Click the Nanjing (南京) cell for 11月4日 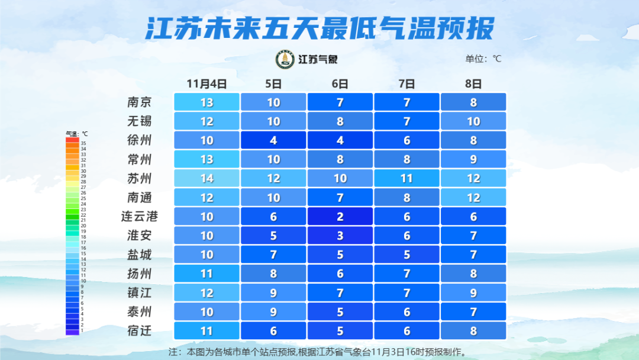pos(206,102)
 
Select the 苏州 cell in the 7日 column pos(406,178)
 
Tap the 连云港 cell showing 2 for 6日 pos(340,217)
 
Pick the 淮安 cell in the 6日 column pos(340,236)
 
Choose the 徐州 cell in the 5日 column pos(273,140)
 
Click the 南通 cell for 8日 pos(473,197)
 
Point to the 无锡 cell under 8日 pos(473,121)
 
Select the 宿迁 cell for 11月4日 pos(206,330)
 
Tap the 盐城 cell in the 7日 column pos(406,255)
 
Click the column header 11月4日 pos(206,83)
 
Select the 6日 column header pos(340,83)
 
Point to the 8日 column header pos(473,83)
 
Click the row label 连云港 pos(140,217)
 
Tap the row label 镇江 pos(140,292)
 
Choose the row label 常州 pos(140,159)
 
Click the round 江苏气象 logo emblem pos(285,59)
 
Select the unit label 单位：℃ pos(483,59)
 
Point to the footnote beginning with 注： pos(319,352)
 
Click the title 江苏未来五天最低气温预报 pos(319,28)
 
